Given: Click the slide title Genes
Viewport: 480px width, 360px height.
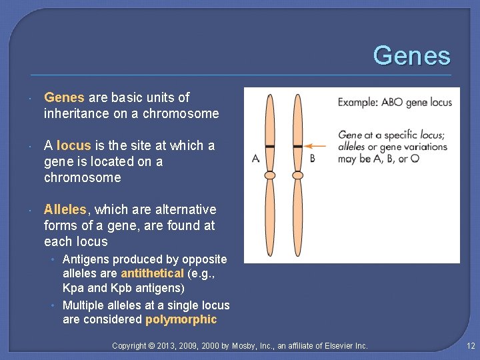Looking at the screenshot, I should point(411,56).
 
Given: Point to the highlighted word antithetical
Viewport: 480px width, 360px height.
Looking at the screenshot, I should point(152,273).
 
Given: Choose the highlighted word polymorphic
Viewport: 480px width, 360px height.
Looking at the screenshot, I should point(181,319).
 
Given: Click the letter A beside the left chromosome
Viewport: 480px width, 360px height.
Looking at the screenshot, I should point(256,158).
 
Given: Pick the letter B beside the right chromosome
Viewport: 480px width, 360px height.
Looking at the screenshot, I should point(313,158).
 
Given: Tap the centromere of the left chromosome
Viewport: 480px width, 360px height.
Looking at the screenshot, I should point(269,175).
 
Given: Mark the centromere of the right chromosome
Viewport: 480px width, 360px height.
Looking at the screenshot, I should point(298,175).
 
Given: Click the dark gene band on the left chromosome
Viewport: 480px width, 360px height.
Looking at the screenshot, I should point(269,145).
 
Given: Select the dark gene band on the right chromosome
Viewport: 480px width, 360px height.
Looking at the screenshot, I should point(298,145).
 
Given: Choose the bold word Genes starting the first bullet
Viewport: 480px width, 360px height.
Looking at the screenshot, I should point(65,97).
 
